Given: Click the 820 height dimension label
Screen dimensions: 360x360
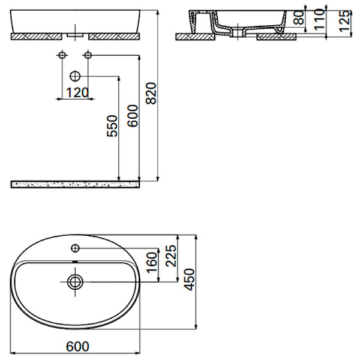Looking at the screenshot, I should point(152,92).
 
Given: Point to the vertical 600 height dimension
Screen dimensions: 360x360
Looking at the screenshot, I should point(133,114).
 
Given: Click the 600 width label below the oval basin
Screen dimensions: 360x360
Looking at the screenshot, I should point(77,346).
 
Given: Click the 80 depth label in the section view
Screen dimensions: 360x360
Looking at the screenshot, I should point(298,19).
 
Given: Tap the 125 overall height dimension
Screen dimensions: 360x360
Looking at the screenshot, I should point(343,23).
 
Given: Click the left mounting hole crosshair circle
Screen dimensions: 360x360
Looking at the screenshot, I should point(61,56).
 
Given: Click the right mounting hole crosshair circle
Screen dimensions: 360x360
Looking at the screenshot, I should point(88,56).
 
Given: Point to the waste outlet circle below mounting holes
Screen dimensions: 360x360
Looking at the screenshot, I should point(75,76).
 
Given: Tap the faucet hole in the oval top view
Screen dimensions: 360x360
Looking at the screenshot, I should point(76,248).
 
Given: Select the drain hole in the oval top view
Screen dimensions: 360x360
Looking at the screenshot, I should point(76,281).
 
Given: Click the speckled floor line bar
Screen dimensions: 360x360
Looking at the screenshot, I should point(75,183).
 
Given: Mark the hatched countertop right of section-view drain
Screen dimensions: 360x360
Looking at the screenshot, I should point(277,37).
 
